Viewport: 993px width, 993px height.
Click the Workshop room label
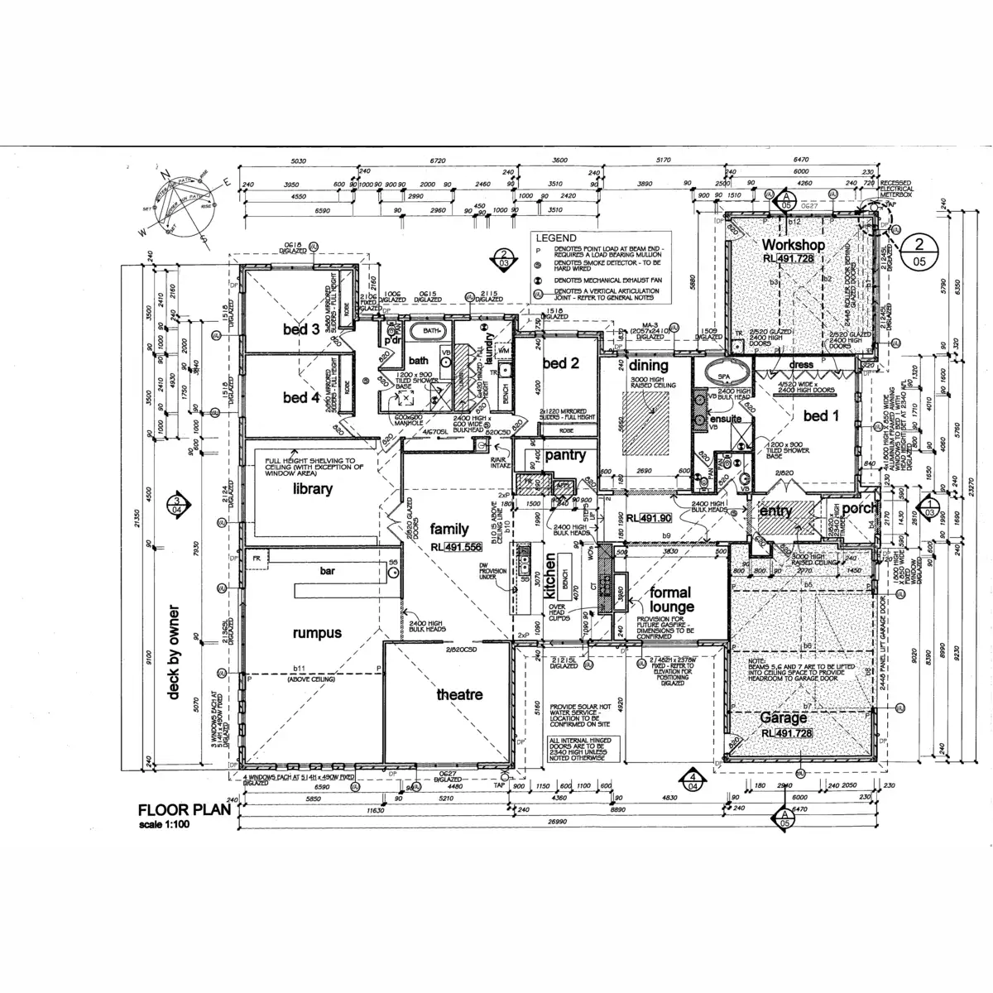coord(793,245)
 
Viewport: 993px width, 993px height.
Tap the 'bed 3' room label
coord(301,329)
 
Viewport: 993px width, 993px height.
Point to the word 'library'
coord(313,489)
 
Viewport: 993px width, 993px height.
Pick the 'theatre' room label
coord(459,695)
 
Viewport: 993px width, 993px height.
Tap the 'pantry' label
coord(565,455)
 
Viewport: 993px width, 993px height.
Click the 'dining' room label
coord(648,366)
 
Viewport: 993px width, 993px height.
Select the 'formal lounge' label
coord(671,600)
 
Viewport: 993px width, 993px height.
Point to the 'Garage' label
coord(784,718)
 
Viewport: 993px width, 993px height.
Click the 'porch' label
coord(858,507)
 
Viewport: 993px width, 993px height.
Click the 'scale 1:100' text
coord(165,825)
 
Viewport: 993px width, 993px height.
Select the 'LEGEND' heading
coord(556,237)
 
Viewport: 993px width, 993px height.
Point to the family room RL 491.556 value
coord(463,547)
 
